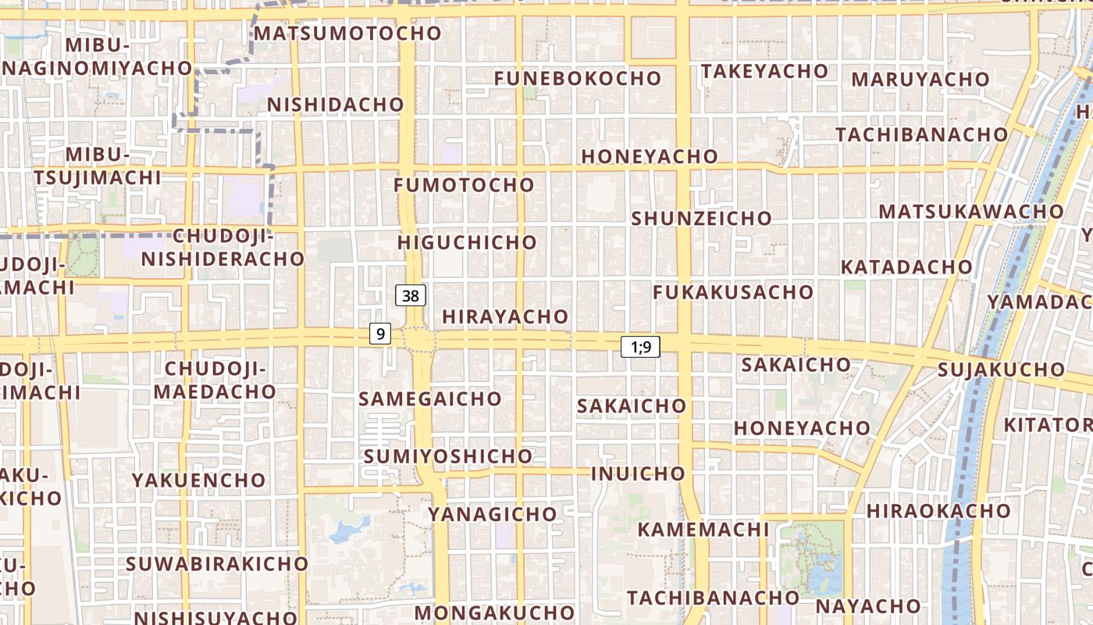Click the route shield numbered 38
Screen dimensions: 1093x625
click(x=411, y=295)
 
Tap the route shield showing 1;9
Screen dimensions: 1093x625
click(x=640, y=347)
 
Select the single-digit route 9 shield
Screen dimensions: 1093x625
click(x=380, y=334)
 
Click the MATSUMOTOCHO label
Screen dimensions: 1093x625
click(x=347, y=34)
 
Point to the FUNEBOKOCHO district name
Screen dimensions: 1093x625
click(x=578, y=78)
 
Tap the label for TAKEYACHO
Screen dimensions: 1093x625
click(x=764, y=71)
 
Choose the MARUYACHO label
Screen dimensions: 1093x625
click(x=920, y=79)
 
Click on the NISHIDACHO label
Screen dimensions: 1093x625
click(x=336, y=105)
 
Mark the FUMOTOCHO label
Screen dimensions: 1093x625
click(x=464, y=185)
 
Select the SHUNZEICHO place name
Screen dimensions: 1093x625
click(x=701, y=218)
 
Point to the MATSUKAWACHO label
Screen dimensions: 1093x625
click(x=970, y=212)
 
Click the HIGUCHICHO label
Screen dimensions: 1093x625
click(x=467, y=242)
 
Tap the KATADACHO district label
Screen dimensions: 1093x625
click(x=906, y=267)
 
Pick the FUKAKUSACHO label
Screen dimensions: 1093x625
click(x=732, y=292)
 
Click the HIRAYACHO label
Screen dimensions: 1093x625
click(x=505, y=316)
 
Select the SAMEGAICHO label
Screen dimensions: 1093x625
click(x=429, y=398)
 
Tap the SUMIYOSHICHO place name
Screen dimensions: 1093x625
click(x=447, y=455)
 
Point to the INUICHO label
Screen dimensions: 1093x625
click(x=637, y=473)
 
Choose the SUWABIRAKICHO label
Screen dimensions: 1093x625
click(x=217, y=563)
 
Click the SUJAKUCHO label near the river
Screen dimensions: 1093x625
click(x=1000, y=370)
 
